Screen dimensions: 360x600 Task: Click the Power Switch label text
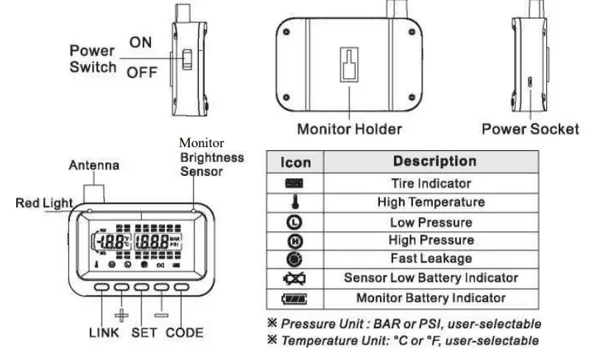point(93,59)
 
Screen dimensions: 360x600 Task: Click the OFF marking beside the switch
point(141,72)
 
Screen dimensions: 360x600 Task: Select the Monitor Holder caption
point(349,129)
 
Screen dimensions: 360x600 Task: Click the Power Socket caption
point(530,129)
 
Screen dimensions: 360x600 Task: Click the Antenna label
point(93,166)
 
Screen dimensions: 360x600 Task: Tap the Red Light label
point(44,203)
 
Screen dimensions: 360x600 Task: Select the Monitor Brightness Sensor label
point(212,157)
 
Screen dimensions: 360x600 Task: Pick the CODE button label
point(184,332)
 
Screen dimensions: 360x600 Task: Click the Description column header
point(434,161)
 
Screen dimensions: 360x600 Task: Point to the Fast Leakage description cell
point(431,258)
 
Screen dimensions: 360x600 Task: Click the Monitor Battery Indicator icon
point(295,298)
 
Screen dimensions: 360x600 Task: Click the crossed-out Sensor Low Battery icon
point(295,279)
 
